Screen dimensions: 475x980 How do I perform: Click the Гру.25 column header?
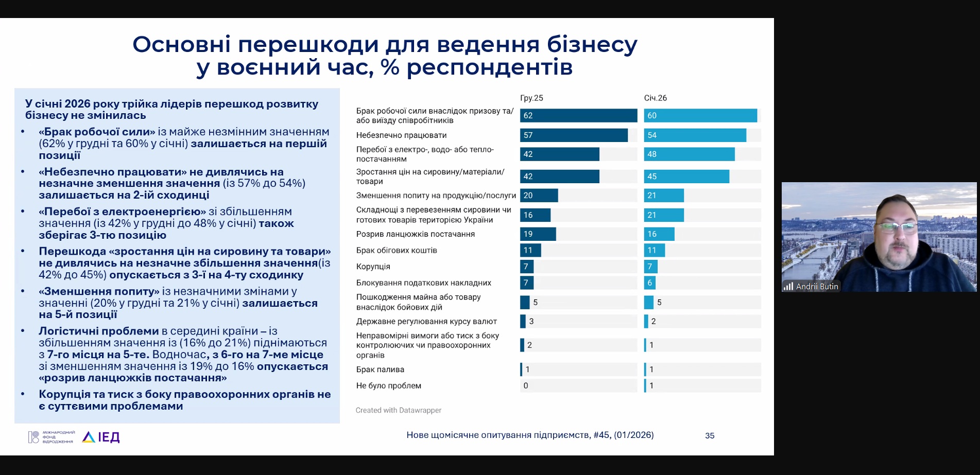coord(531,98)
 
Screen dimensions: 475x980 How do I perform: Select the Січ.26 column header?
coord(655,98)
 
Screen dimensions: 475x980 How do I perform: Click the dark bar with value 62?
coord(578,115)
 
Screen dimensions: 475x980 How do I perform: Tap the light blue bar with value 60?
coord(700,115)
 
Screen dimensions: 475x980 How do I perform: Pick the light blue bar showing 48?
coord(689,154)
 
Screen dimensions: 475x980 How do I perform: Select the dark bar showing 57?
coord(574,135)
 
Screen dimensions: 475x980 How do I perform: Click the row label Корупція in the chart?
coord(373,267)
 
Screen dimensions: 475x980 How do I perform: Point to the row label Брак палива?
coord(380,370)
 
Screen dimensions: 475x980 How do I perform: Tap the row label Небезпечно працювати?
coord(401,135)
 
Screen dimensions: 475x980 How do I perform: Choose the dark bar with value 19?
coord(538,234)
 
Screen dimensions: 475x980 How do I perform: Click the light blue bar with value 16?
coord(659,234)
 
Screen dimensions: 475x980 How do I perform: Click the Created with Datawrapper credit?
coord(398,410)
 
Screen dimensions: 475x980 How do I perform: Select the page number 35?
coord(710,435)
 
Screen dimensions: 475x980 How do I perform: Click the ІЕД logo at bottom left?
coord(102,437)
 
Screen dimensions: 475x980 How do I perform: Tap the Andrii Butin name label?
coord(817,287)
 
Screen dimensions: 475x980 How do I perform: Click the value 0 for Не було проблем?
coord(526,385)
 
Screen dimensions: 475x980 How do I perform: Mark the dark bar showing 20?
coord(539,196)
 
